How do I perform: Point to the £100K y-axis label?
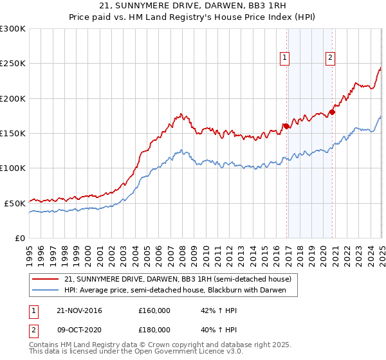tap(13, 168)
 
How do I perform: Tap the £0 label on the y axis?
tap(21, 238)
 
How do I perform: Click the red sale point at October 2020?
tap(332, 113)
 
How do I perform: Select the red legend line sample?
tap(45, 280)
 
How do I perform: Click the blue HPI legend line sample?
tap(45, 291)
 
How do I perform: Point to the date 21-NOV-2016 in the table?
tap(80, 310)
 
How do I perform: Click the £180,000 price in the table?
tap(154, 330)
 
